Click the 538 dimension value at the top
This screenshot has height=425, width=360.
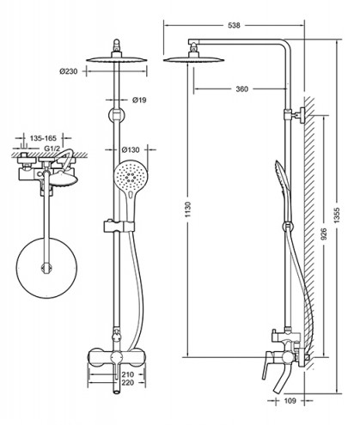point(234,26)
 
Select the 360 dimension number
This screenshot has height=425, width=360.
point(241,89)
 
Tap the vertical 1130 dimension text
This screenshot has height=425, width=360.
point(188,209)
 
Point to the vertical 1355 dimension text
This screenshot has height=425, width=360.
point(337,215)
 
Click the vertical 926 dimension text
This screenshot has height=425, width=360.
point(324,234)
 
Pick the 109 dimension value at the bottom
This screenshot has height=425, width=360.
point(290,401)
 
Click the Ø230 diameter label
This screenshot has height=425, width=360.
point(69,71)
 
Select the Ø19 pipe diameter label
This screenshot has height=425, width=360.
point(139,100)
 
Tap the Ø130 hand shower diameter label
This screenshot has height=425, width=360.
point(131,149)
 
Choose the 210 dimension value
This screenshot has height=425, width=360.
point(127,374)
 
